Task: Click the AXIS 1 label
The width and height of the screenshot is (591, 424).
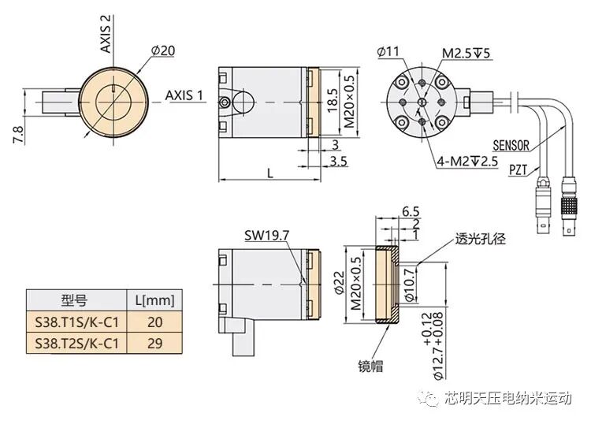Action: point(184,95)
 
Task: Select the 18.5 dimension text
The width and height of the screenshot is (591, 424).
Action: point(332,99)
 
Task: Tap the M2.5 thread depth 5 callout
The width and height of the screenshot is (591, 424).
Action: point(466,54)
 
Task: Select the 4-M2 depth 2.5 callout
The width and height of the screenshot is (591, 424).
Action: point(468,162)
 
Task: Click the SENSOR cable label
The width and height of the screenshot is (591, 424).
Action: point(511,146)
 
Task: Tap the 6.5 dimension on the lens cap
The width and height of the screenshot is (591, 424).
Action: point(410,212)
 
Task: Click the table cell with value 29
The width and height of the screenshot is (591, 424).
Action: point(155,342)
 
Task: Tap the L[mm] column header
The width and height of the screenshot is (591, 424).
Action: point(155,299)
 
